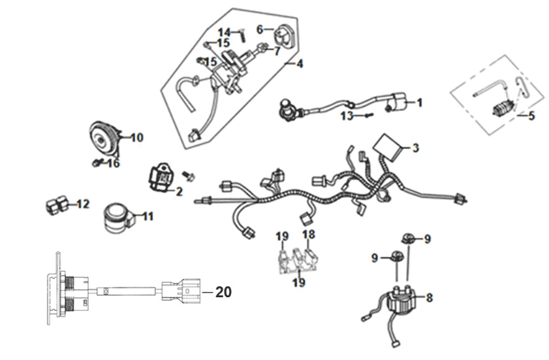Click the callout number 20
223,292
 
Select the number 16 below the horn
113,163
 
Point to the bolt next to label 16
97,162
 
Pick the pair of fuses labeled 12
57,205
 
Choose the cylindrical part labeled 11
118,218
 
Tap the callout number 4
300,64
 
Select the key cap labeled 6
283,35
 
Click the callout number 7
277,51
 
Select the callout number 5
531,116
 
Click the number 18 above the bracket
309,234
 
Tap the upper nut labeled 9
407,239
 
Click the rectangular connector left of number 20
181,291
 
